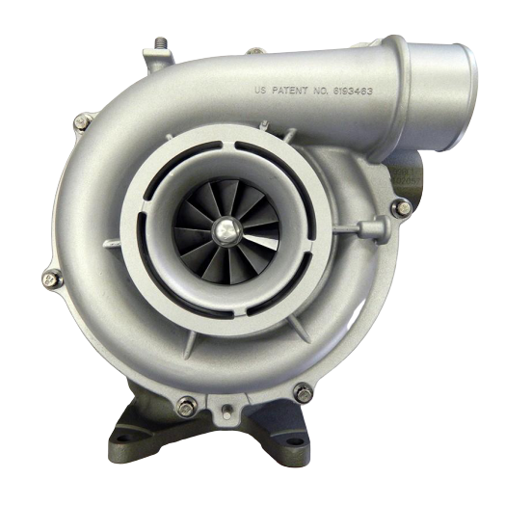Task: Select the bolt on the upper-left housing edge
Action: (81, 121)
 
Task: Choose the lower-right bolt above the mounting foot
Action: (303, 392)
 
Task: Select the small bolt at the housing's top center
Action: (253, 51)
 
